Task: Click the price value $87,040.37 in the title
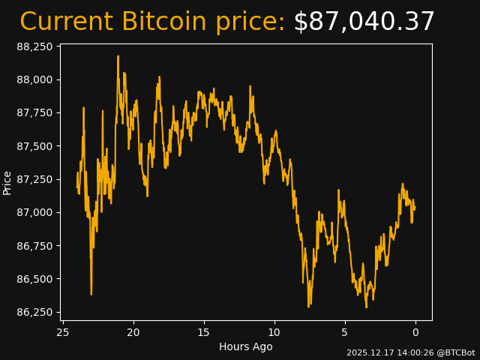[x=364, y=22]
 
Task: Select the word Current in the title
[x=67, y=22]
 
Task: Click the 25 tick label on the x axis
[x=63, y=332]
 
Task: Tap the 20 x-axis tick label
[x=133, y=332]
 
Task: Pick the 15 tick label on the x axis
[x=204, y=332]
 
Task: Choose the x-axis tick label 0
[x=415, y=332]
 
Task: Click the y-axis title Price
[x=7, y=182]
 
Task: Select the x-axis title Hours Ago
[x=246, y=346]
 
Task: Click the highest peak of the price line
[x=118, y=56]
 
